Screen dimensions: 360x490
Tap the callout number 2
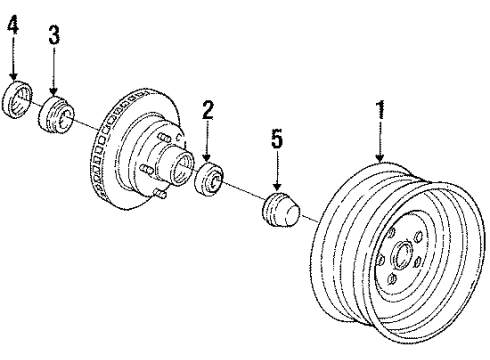click(207, 111)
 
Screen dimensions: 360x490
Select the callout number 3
click(53, 36)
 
